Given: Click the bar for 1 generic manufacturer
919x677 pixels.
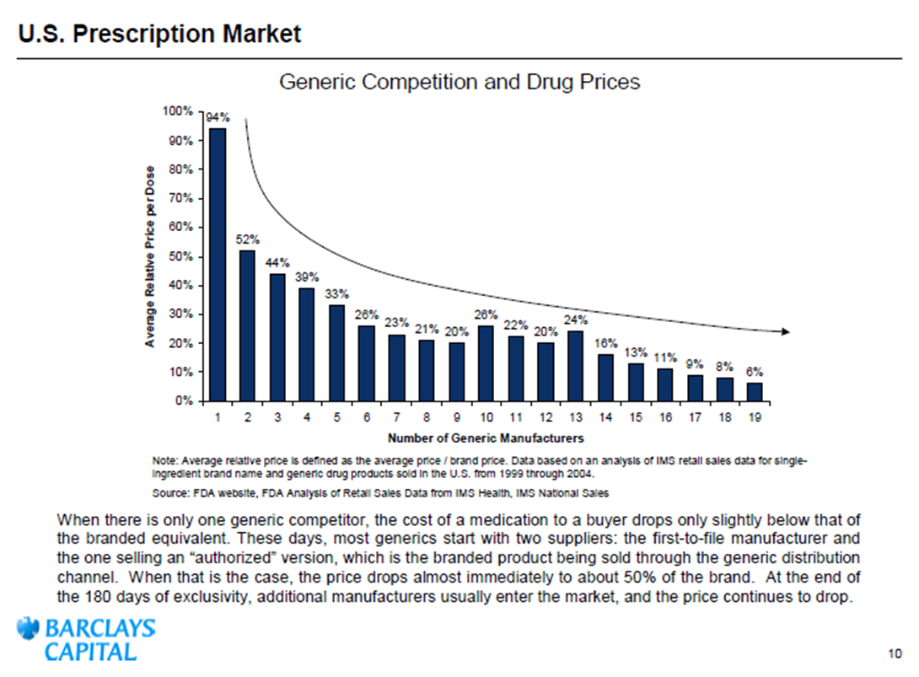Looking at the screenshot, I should click(x=218, y=265).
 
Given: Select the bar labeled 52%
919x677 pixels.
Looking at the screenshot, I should click(x=248, y=325).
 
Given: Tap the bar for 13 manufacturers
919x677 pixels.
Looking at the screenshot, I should click(x=575, y=365).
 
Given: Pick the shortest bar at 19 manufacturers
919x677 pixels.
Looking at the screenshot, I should click(x=754, y=392).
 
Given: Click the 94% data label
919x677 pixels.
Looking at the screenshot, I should click(x=218, y=118).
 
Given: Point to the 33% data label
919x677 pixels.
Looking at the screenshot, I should click(x=337, y=293).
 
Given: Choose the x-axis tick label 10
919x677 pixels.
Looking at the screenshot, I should click(x=486, y=417).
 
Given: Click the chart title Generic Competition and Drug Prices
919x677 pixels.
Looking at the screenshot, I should click(x=459, y=82).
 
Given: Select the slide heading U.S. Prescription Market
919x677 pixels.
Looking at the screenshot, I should click(x=159, y=35).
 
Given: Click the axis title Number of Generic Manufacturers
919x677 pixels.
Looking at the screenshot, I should click(x=486, y=438).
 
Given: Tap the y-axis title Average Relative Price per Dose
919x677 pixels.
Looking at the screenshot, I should click(x=149, y=256).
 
